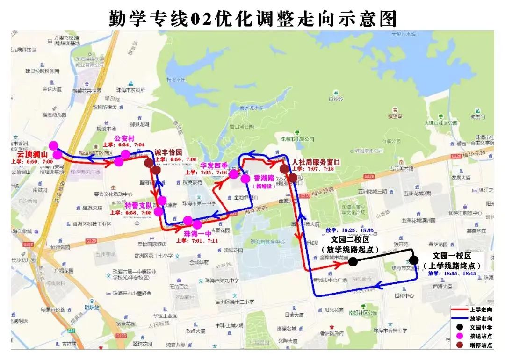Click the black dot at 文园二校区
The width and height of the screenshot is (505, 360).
coord(353,262)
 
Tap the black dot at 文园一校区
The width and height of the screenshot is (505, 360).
coord(413,260)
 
